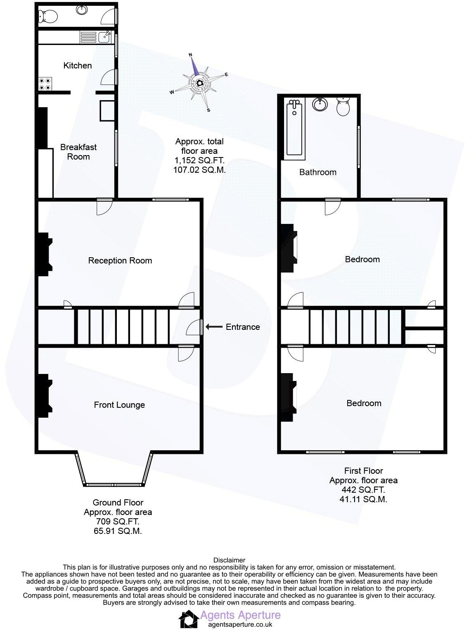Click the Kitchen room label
click(x=78, y=66)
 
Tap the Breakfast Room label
click(x=78, y=152)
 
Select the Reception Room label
click(x=120, y=261)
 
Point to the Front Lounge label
click(x=119, y=405)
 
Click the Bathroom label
click(x=318, y=172)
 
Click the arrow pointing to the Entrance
click(x=213, y=327)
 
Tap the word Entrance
click(x=243, y=327)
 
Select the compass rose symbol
click(x=199, y=82)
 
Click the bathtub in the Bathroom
click(x=295, y=128)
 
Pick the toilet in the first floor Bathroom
click(x=343, y=106)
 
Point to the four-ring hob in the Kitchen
click(x=45, y=84)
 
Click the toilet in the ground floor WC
click(x=47, y=17)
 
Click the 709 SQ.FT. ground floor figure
click(x=118, y=522)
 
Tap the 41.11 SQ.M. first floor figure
click(x=364, y=499)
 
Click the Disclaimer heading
click(x=229, y=560)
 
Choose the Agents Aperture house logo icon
click(x=188, y=619)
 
